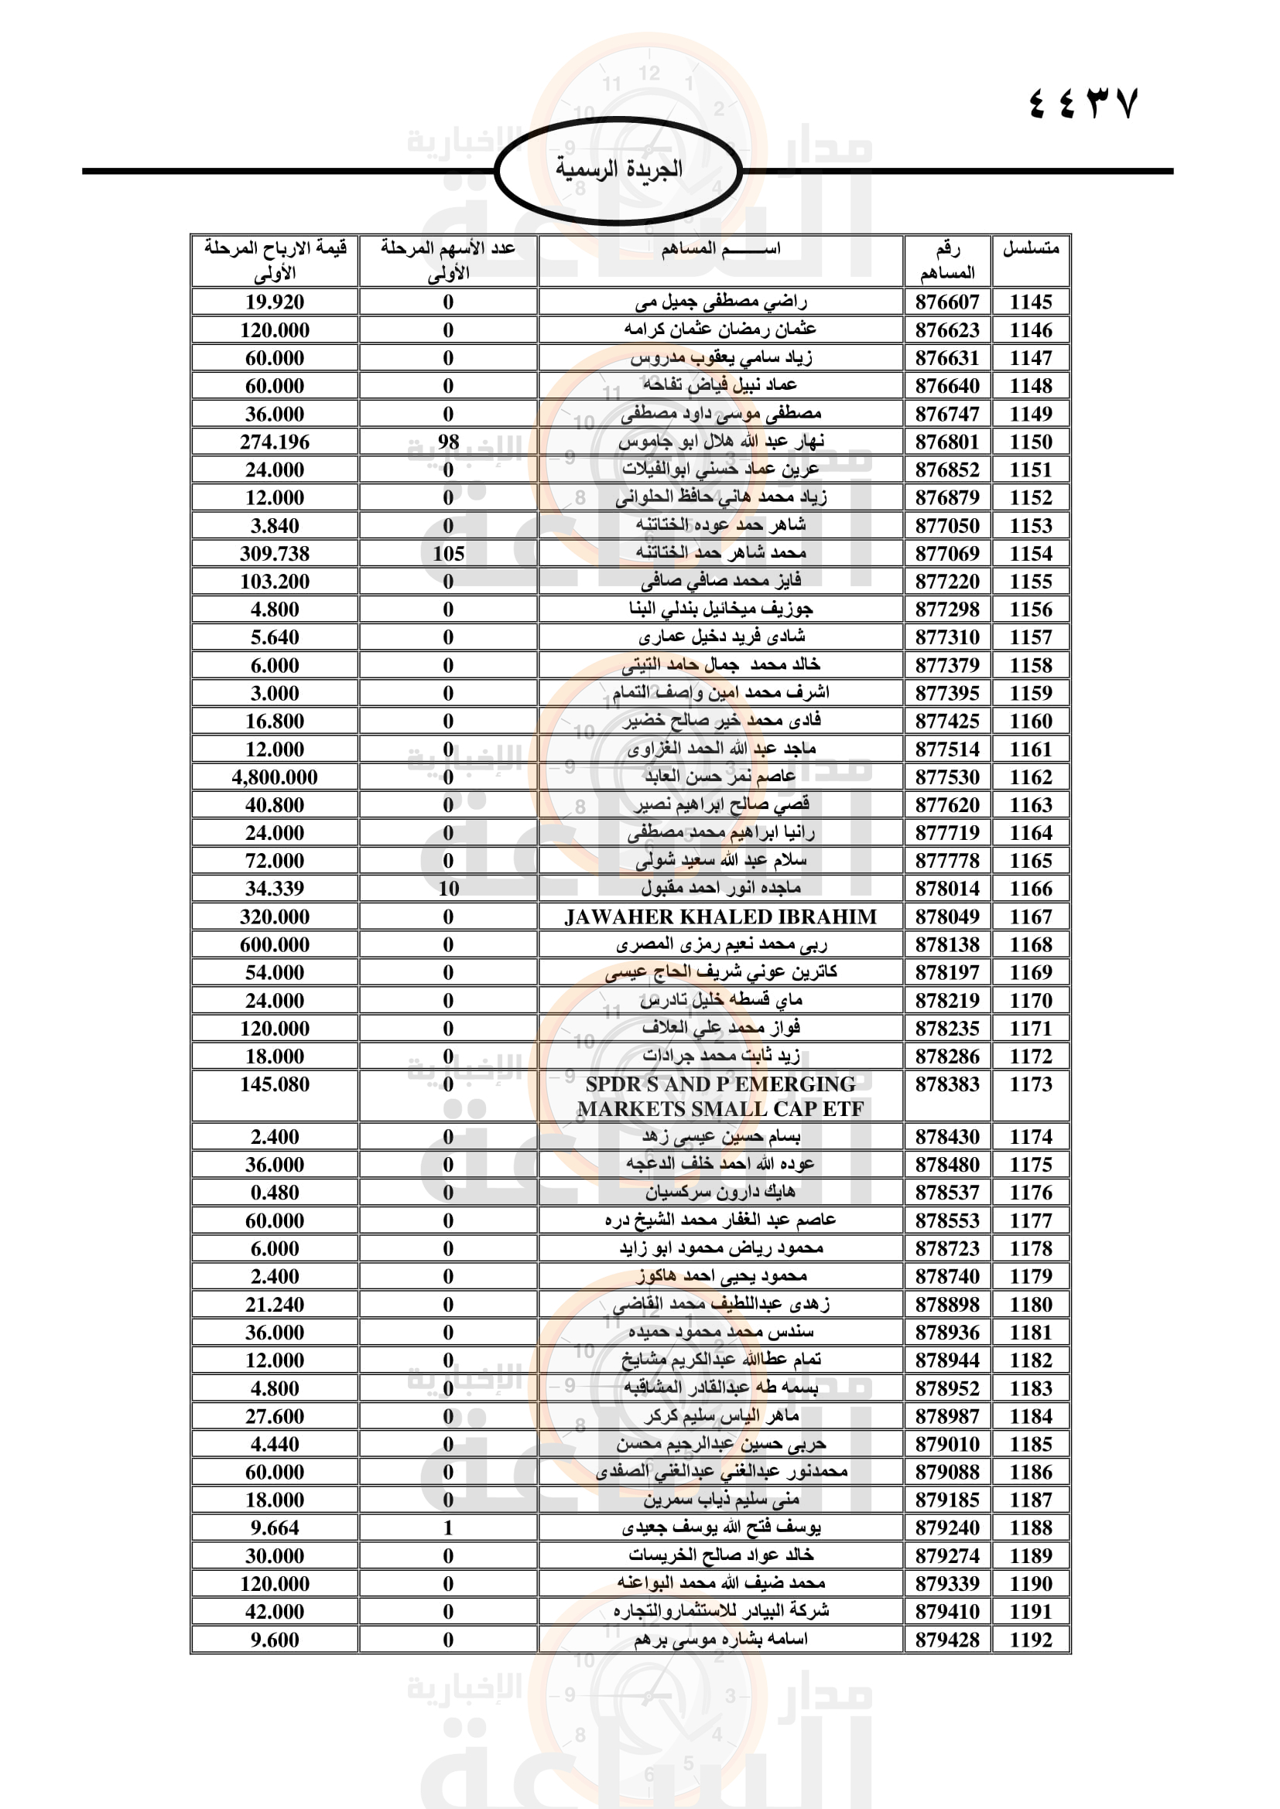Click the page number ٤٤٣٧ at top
pyautogui.click(x=1083, y=103)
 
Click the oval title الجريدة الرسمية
pyautogui.click(x=619, y=169)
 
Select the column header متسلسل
pyautogui.click(x=1030, y=249)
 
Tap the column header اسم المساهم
pyautogui.click(x=720, y=249)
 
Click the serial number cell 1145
pyautogui.click(x=1030, y=302)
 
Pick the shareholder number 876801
pyautogui.click(x=946, y=442)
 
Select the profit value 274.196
pyautogui.click(x=274, y=442)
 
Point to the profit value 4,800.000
pyautogui.click(x=274, y=777)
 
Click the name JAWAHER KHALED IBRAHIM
pyautogui.click(x=720, y=917)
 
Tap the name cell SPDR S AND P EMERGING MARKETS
pyautogui.click(x=720, y=1096)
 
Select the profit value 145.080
pyautogui.click(x=274, y=1085)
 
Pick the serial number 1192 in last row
pyautogui.click(x=1030, y=1640)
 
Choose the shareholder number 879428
pyautogui.click(x=946, y=1640)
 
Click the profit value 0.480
pyautogui.click(x=274, y=1193)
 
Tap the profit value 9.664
pyautogui.click(x=274, y=1527)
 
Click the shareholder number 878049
pyautogui.click(x=946, y=917)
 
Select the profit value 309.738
pyautogui.click(x=274, y=554)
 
